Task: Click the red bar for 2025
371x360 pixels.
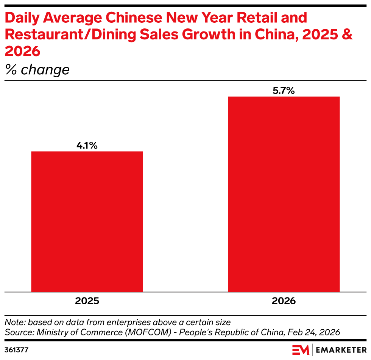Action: click(87, 222)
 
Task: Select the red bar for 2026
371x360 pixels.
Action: click(284, 194)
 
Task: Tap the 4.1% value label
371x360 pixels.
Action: click(87, 145)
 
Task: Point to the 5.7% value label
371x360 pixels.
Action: click(284, 91)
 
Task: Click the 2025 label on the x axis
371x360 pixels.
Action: click(87, 301)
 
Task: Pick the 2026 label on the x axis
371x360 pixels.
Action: click(284, 301)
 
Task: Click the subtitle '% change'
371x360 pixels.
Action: click(37, 70)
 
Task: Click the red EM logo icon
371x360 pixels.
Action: click(301, 349)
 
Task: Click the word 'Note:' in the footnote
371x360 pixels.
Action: click(15, 322)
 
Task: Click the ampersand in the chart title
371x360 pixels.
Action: click(347, 34)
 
